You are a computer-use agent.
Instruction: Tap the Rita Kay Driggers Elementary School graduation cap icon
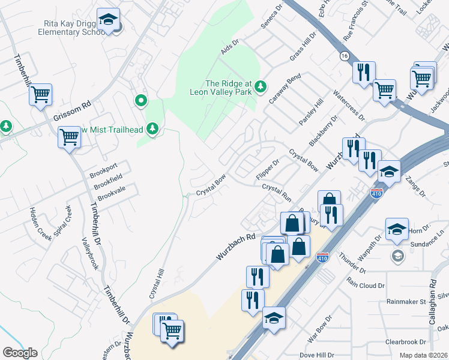coord(108,20)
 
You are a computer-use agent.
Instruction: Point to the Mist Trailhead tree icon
coord(152,128)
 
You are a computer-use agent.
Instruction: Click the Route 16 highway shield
coord(344,55)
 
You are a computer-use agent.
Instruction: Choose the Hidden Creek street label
coord(37,222)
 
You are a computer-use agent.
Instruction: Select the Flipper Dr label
coord(268,169)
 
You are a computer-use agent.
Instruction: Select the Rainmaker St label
coord(406,301)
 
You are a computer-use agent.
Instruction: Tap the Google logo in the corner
coord(20,353)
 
